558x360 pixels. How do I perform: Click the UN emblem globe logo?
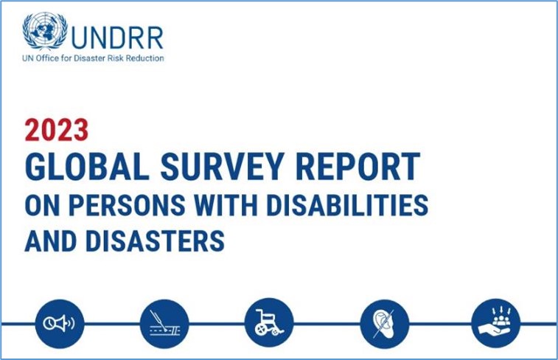[x=45, y=31]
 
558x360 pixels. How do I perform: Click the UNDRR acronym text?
[x=117, y=38]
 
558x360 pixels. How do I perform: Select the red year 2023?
[x=57, y=130]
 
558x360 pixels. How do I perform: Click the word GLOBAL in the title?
[x=87, y=166]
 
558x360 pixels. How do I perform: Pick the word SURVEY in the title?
[x=223, y=166]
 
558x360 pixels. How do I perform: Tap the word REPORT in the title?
[x=358, y=166]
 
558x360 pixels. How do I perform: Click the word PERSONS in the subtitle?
[x=127, y=205]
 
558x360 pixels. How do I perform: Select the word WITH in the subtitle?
[x=226, y=205]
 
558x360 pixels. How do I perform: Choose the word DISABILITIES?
[x=348, y=205]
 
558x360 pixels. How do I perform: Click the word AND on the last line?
[x=50, y=241]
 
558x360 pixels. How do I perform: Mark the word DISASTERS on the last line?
[x=155, y=241]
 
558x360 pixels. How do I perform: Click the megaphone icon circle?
[x=60, y=324]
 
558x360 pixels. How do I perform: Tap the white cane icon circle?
[x=164, y=324]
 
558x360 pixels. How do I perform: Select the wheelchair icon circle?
[x=269, y=323]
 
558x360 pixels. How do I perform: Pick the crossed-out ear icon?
[x=385, y=324]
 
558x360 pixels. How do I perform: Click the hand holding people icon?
[x=496, y=323]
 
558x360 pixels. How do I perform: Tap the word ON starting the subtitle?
[x=41, y=205]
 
